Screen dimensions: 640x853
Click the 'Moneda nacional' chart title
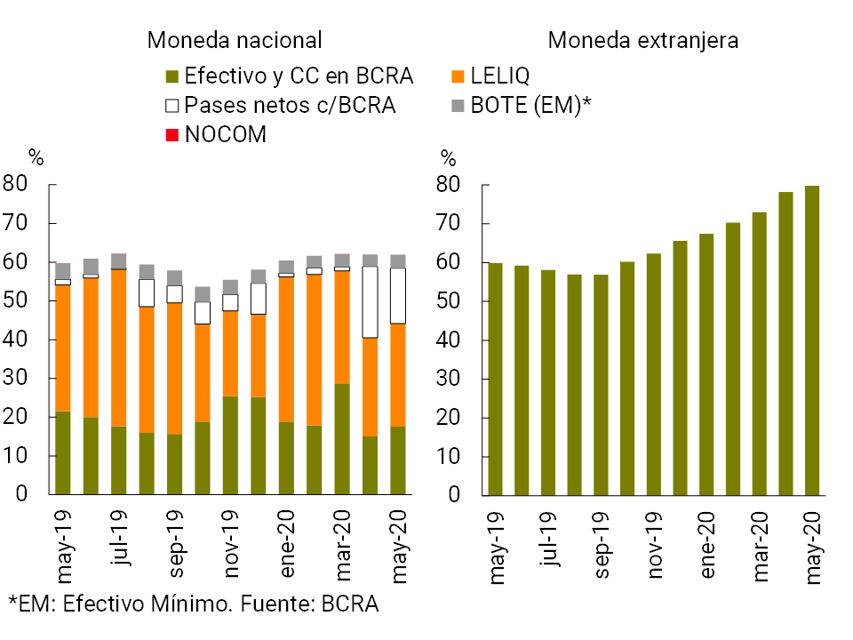pyautogui.click(x=235, y=40)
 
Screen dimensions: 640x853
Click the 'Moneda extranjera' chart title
pyautogui.click(x=643, y=40)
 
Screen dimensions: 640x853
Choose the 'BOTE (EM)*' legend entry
pyautogui.click(x=522, y=106)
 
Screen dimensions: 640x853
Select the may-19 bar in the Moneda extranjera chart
pyautogui.click(x=495, y=379)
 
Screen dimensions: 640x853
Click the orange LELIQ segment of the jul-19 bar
pyautogui.click(x=118, y=348)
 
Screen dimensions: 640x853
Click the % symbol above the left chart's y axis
pyautogui.click(x=36, y=159)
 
